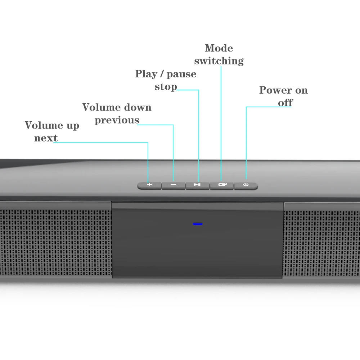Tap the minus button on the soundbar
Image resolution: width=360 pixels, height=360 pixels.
pyautogui.click(x=173, y=185)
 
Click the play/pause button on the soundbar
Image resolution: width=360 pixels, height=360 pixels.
pyautogui.click(x=197, y=185)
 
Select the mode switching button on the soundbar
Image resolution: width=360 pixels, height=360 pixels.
pyautogui.click(x=221, y=185)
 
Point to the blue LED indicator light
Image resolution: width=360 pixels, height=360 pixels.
pyautogui.click(x=198, y=224)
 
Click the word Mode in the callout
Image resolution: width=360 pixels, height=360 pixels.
pyautogui.click(x=219, y=48)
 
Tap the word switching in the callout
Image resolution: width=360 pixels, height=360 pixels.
pyautogui.click(x=219, y=61)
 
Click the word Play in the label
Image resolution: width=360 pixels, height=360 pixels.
pyautogui.click(x=146, y=74)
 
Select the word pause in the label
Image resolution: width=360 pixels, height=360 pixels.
pyautogui.click(x=181, y=74)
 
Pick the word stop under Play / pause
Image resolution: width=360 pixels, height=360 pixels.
pyautogui.click(x=166, y=87)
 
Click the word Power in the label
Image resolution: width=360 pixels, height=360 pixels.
pyautogui.click(x=275, y=90)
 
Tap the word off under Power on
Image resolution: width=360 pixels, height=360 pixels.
pyautogui.click(x=285, y=103)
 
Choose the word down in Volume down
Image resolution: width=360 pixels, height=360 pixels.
pyautogui.click(x=136, y=107)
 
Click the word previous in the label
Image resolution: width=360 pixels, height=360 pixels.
pyautogui.click(x=117, y=120)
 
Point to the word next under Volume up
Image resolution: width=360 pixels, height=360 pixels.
pyautogui.click(x=46, y=138)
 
